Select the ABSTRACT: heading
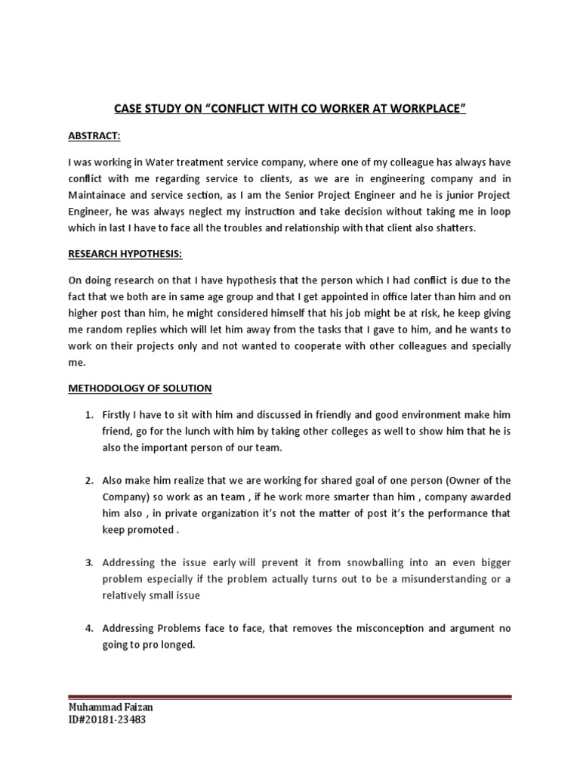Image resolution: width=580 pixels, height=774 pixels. pyautogui.click(x=94, y=135)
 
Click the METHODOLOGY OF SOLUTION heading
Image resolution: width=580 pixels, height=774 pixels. pyautogui.click(x=140, y=389)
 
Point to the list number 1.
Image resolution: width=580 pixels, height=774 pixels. pyautogui.click(x=88, y=416)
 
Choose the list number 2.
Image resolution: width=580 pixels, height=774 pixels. pyautogui.click(x=88, y=480)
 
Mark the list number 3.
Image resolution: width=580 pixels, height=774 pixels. pyautogui.click(x=88, y=563)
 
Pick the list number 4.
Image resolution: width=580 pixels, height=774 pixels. pyautogui.click(x=88, y=628)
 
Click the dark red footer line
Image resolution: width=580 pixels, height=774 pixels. pyautogui.click(x=290, y=697)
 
